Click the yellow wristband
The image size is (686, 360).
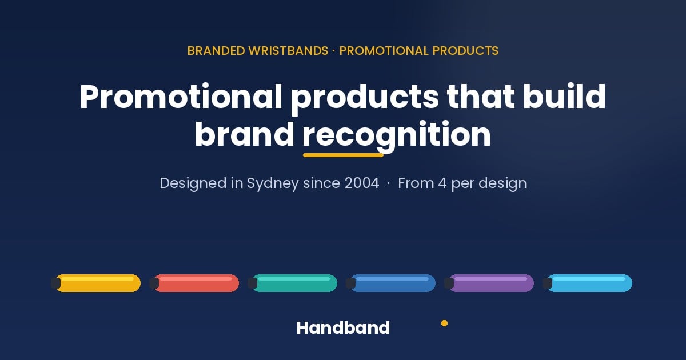[96, 283]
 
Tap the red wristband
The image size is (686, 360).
[194, 283]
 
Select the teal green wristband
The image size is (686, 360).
[293, 283]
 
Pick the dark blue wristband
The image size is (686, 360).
[391, 283]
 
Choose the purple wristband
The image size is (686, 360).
[489, 283]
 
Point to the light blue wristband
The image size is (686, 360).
[588, 283]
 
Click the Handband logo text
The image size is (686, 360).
[343, 328]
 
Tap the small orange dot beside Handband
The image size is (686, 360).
[444, 323]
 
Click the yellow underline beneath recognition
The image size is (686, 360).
[344, 155]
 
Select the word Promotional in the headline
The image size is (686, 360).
[181, 97]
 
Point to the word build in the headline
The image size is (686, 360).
[564, 96]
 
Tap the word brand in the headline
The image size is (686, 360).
[245, 134]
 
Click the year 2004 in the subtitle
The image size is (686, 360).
[362, 183]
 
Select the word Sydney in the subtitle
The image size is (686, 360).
[273, 184]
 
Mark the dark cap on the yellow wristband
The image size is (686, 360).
[56, 283]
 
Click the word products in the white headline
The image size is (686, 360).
[365, 98]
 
